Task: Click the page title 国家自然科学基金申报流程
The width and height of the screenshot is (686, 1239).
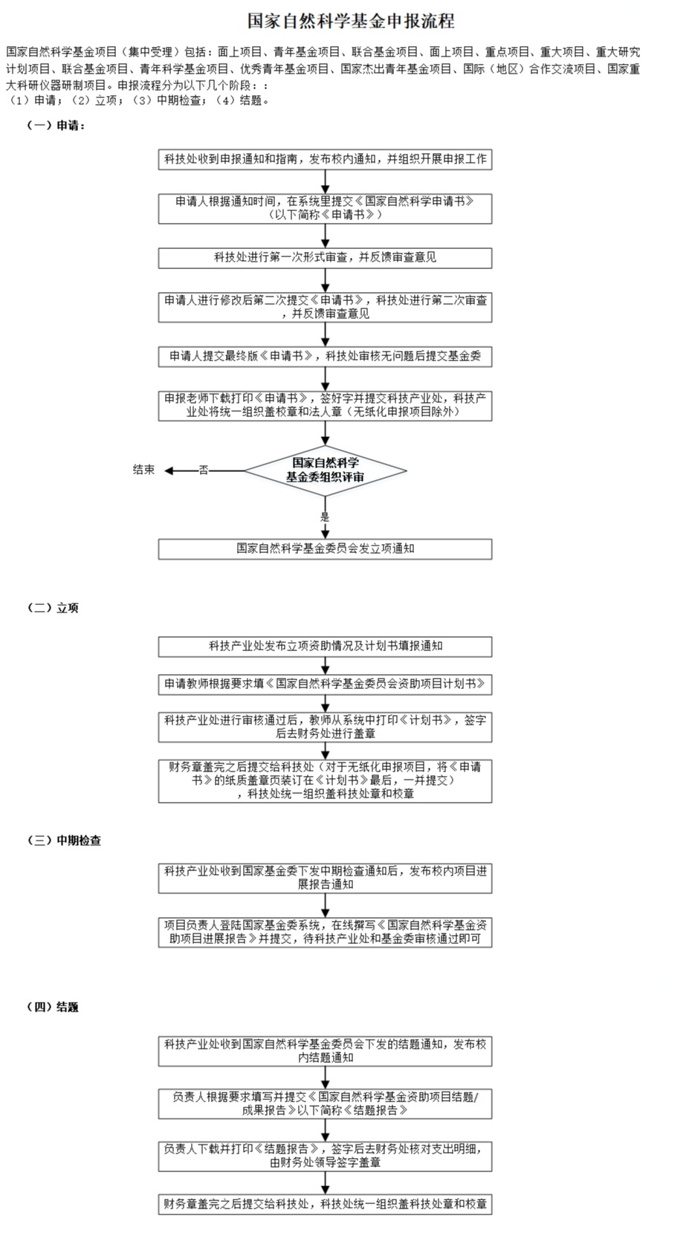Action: coord(351,21)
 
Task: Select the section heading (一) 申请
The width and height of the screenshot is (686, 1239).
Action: coord(56,126)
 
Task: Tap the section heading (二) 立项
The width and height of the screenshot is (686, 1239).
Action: coord(53,608)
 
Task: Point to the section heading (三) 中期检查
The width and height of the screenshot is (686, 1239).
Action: coord(64,840)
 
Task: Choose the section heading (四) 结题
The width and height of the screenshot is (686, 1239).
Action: coord(53,1006)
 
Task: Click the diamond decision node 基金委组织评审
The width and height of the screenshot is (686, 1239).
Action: coord(326,470)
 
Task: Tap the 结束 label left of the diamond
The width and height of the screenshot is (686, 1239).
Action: coord(144,470)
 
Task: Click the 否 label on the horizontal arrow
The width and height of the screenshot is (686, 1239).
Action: coord(204,470)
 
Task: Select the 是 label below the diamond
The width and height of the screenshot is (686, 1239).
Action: coord(325,517)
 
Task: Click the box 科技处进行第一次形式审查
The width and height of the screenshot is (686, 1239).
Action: coord(326,258)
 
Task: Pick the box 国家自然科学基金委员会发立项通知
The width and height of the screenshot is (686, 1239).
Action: coord(326,549)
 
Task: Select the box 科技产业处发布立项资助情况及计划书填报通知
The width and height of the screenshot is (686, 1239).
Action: coord(326,647)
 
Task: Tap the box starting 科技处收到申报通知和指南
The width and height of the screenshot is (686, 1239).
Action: coord(326,160)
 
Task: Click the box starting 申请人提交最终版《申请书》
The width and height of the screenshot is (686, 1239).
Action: coord(326,357)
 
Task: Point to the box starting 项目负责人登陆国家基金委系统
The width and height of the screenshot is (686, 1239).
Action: coord(326,932)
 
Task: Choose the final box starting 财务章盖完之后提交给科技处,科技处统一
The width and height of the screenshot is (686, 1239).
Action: coord(326,1204)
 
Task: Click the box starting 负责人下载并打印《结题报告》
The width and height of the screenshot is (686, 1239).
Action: coord(326,1156)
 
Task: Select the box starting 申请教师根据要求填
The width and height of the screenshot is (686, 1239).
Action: coord(326,685)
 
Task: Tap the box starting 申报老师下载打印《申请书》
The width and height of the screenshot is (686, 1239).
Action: coord(326,406)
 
